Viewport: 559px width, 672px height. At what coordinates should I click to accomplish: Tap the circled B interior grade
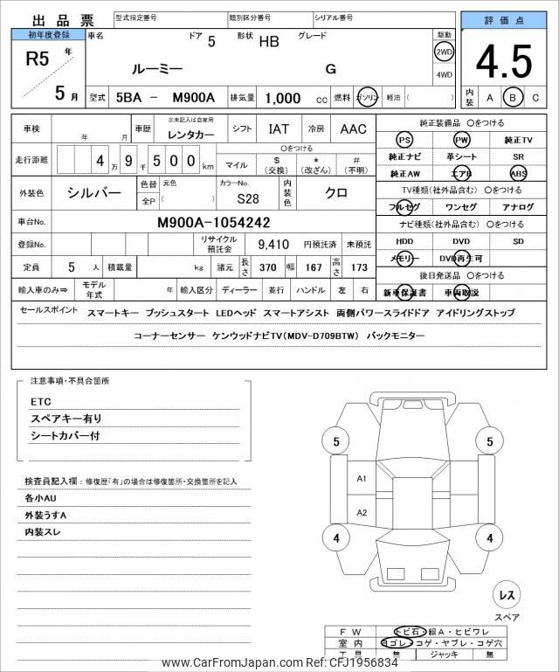coord(514,97)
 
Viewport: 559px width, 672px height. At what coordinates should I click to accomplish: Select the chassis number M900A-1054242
coord(213,222)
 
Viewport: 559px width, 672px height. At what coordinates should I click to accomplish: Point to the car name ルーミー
coord(156,68)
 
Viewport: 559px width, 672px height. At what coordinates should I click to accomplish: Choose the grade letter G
coord(330,68)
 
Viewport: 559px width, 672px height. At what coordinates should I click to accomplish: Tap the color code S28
coord(247,198)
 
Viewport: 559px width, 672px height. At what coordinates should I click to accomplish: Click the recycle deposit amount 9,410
coord(273,245)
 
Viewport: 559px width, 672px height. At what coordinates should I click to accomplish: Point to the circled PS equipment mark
coord(404,140)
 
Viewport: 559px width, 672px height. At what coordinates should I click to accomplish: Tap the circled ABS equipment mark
coord(519,173)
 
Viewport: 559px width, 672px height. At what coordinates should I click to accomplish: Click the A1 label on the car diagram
coord(362,478)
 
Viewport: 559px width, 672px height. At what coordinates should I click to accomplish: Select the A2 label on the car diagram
coord(362,513)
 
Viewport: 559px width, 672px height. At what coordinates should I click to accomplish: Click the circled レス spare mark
coord(506,594)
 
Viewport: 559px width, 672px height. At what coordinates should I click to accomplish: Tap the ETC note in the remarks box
coord(41,402)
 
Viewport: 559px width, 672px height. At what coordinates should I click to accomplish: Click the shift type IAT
coord(279,129)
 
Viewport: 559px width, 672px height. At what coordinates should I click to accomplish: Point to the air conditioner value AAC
coord(353,129)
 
